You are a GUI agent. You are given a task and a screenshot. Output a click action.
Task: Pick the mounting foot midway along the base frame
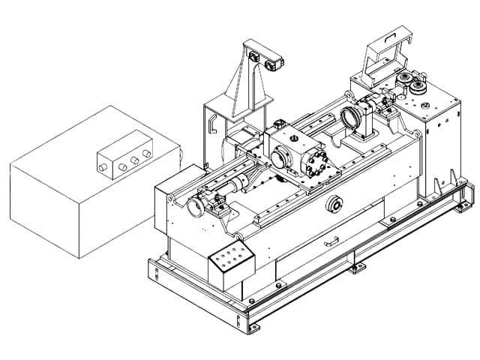point(358,266)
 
